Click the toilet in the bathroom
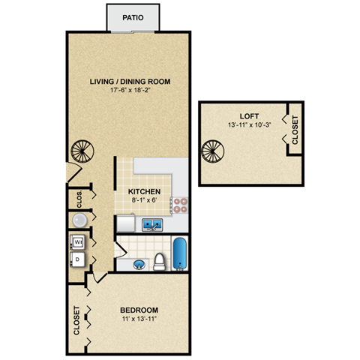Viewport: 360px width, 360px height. coord(159,262)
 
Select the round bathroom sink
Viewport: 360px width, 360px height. coord(139,265)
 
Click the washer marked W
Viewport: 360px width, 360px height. coord(78,243)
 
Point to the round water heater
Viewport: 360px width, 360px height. coord(79,220)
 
